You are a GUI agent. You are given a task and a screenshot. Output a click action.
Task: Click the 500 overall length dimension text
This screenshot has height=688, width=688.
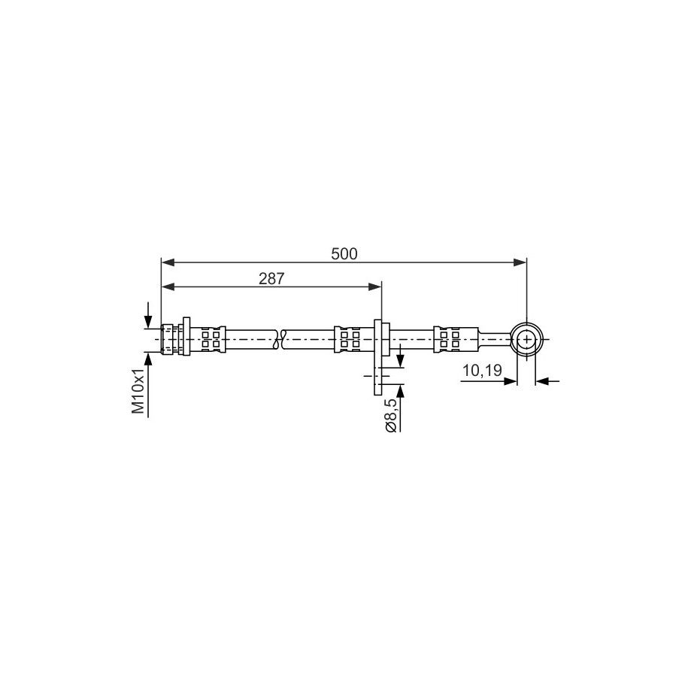pyautogui.click(x=344, y=253)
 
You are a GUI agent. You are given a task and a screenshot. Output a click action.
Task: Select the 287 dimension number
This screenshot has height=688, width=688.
pyautogui.click(x=271, y=278)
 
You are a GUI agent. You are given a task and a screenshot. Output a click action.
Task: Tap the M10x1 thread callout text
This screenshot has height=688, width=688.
pyautogui.click(x=138, y=391)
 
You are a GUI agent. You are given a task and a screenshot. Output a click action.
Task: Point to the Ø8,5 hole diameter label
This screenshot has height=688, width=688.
pyautogui.click(x=391, y=415)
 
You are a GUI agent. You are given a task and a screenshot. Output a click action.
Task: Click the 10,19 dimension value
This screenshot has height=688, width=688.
pyautogui.click(x=482, y=371)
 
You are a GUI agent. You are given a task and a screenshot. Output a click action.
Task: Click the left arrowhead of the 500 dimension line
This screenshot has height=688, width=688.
pyautogui.click(x=168, y=262)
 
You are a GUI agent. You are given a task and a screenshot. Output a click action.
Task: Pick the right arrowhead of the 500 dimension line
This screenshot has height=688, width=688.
pyautogui.click(x=520, y=262)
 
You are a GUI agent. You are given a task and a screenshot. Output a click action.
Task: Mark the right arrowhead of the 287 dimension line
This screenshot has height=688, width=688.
pyautogui.click(x=374, y=287)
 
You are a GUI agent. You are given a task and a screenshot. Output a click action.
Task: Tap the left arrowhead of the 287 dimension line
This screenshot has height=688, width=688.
pyautogui.click(x=168, y=287)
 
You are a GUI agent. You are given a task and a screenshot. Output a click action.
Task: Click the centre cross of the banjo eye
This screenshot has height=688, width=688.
pyautogui.click(x=526, y=339)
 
